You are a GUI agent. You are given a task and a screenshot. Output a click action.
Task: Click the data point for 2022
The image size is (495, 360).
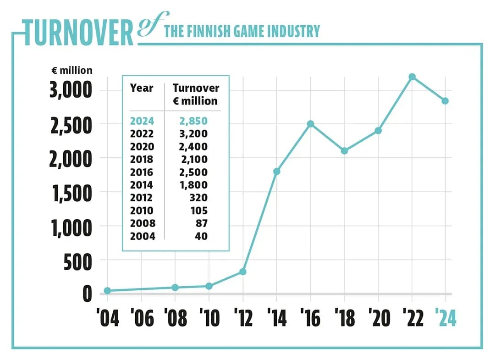click(412, 77)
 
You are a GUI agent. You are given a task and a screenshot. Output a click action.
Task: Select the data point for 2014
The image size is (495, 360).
click(276, 172)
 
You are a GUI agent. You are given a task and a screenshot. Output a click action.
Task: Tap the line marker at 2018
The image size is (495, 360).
click(344, 151)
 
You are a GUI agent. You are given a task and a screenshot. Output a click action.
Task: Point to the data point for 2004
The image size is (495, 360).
click(107, 291)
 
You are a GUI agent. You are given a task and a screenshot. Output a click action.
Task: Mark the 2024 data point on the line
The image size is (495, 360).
click(445, 101)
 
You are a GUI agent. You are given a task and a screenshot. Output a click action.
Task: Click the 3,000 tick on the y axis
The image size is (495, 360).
click(71, 90)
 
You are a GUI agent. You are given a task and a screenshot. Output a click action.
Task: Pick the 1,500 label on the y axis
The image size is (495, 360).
click(71, 193)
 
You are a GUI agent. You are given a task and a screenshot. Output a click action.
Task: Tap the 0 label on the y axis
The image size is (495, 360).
click(87, 294)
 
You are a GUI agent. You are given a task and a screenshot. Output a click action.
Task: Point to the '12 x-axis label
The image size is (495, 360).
click(242, 318)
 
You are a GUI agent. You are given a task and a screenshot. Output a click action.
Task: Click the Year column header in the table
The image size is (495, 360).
click(141, 88)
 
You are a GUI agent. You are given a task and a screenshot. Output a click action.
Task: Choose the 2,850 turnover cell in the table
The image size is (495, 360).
click(194, 121)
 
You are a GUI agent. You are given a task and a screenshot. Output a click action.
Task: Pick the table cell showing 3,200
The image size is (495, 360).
click(194, 134)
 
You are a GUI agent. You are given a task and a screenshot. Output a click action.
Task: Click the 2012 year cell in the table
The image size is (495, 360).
click(142, 198)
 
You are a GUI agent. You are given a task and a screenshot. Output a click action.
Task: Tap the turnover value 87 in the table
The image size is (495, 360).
click(201, 223)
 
